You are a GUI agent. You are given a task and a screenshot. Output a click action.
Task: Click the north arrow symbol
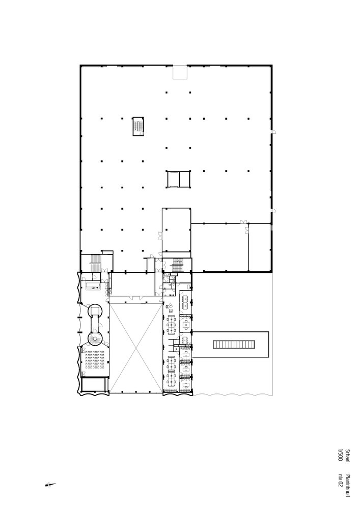pyautogui.click(x=50, y=485)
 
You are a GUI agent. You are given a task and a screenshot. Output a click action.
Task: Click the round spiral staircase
pyautogui.click(x=95, y=339)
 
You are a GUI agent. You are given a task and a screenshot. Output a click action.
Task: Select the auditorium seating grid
pyautogui.click(x=94, y=361)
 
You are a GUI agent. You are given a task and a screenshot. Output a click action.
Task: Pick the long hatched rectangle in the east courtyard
pyautogui.click(x=234, y=345)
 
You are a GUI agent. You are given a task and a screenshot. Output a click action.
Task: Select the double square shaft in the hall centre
pyautogui.click(x=178, y=179)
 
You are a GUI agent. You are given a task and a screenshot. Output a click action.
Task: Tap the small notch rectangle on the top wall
pyautogui.click(x=180, y=72)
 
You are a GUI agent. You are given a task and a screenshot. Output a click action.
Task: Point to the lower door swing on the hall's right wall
pyautogui.click(x=274, y=210)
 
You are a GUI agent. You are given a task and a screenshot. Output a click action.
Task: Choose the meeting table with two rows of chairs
pyautogui.click(x=186, y=303)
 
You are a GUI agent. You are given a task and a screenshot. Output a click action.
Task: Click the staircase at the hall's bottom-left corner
pyautogui.click(x=96, y=263)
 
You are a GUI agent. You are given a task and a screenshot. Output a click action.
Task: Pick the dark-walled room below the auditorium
pyautogui.click(x=94, y=385)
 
